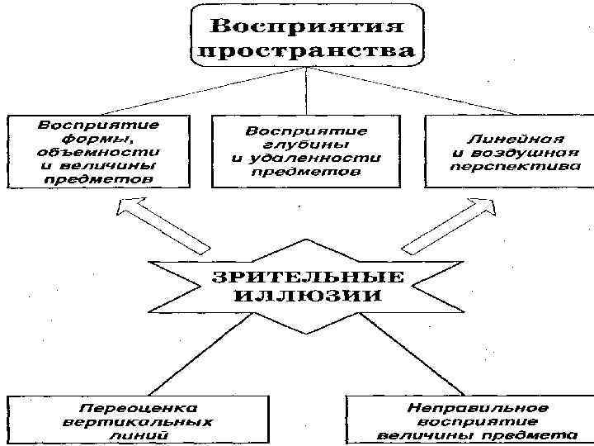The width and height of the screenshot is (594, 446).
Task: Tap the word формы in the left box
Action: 97,138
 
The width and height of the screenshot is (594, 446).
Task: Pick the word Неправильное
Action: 467,408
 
